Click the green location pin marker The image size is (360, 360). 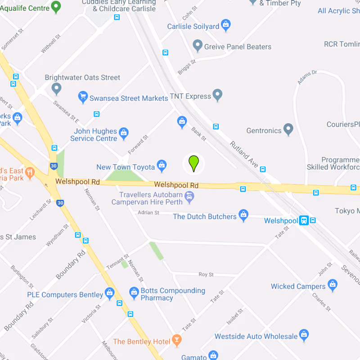(x=193, y=163)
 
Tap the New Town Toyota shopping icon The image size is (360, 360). (x=162, y=166)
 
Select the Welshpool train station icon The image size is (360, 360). (x=305, y=220)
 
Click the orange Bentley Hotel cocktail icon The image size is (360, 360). (x=177, y=341)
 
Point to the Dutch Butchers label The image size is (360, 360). (x=205, y=216)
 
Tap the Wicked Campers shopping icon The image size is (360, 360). (x=333, y=284)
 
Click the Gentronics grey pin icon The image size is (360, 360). (x=288, y=130)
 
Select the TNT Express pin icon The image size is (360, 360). (x=217, y=95)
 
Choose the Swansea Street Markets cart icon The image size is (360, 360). (x=82, y=97)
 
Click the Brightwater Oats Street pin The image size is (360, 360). (x=56, y=89)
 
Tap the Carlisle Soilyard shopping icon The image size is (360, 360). (x=226, y=25)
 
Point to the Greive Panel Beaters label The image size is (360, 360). (x=238, y=46)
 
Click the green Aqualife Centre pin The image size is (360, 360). (x=56, y=6)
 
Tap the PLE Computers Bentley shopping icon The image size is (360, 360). (x=109, y=293)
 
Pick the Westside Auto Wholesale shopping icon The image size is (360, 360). (x=304, y=335)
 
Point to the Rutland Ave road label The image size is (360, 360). (x=244, y=155)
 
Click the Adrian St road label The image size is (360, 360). (x=148, y=212)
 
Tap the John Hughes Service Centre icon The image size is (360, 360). (x=124, y=133)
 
